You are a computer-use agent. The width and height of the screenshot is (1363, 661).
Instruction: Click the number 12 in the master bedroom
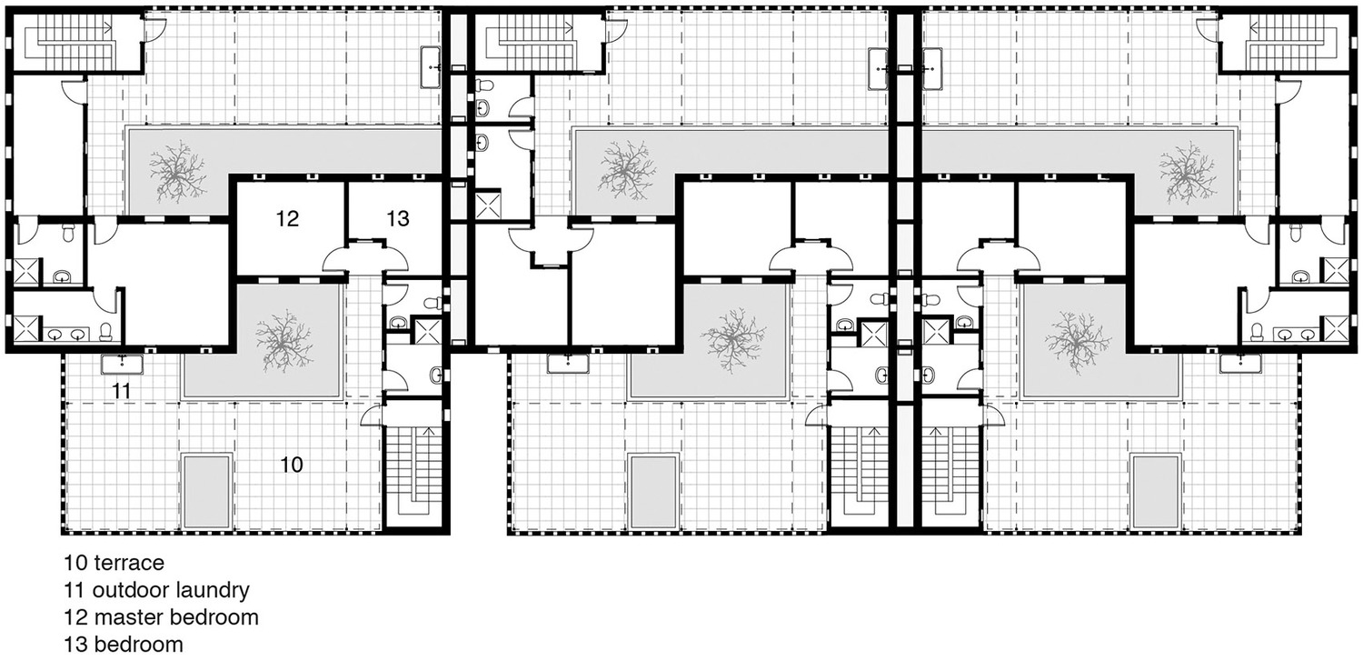point(287,218)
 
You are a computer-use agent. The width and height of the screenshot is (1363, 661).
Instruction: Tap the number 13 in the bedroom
point(398,218)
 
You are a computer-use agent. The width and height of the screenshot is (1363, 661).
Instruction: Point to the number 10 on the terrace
point(292,465)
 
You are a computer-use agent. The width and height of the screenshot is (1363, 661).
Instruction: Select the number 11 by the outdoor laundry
point(122,391)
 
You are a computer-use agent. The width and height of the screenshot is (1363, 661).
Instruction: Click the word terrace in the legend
point(129,563)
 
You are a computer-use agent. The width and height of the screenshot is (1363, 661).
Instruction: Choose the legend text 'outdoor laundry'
point(171,590)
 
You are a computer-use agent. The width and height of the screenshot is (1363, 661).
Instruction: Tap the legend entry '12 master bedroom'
point(161,617)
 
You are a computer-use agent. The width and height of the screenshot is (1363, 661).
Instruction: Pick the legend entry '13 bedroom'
point(124,645)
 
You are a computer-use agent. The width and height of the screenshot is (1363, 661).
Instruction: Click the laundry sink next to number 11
point(123,365)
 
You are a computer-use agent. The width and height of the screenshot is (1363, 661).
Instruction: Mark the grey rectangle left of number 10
point(207,491)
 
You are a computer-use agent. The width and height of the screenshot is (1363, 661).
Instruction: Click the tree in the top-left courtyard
point(176,171)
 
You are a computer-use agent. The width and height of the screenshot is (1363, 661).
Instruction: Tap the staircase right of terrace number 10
point(415,472)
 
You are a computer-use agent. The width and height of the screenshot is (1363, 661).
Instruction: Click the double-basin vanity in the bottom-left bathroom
point(65,334)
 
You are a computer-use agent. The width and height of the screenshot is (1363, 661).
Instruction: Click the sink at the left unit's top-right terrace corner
point(430,68)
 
